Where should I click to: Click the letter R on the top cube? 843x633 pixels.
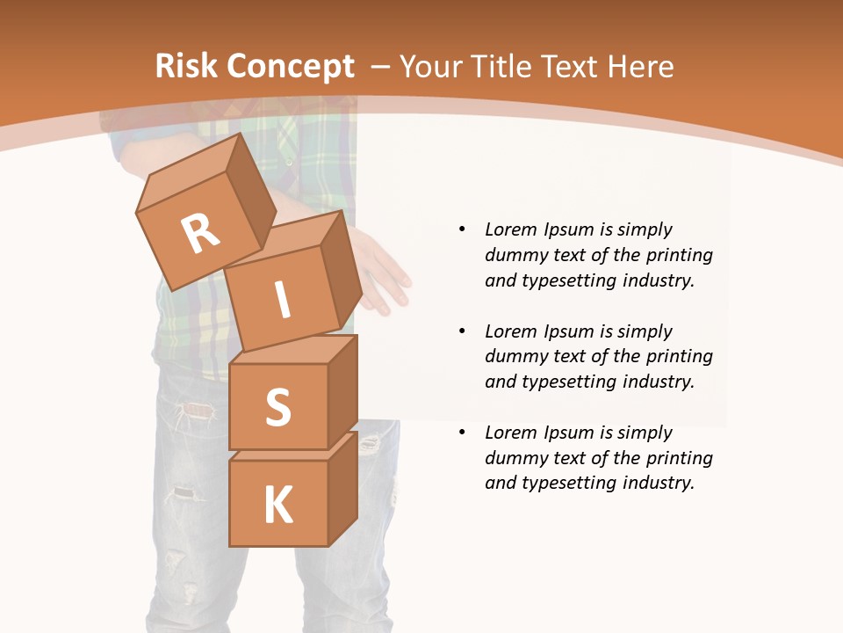(x=200, y=234)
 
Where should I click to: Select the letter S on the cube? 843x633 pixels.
(x=277, y=407)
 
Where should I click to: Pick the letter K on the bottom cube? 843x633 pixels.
(x=277, y=506)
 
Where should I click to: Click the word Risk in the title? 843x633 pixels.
(x=187, y=67)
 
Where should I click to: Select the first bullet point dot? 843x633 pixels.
(x=462, y=229)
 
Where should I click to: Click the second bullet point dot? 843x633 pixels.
(x=462, y=331)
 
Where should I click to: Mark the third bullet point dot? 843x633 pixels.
(x=462, y=433)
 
